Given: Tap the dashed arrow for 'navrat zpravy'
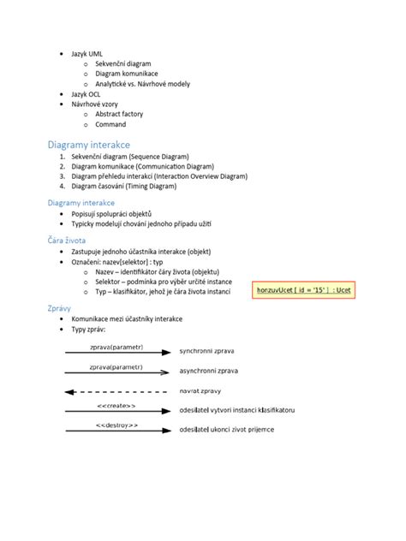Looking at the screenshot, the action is click(116, 391).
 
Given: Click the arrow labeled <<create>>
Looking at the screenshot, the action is click(116, 411).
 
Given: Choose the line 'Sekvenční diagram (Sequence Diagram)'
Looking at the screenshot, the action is click(138, 157).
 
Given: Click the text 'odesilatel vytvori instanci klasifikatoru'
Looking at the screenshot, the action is click(237, 411).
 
